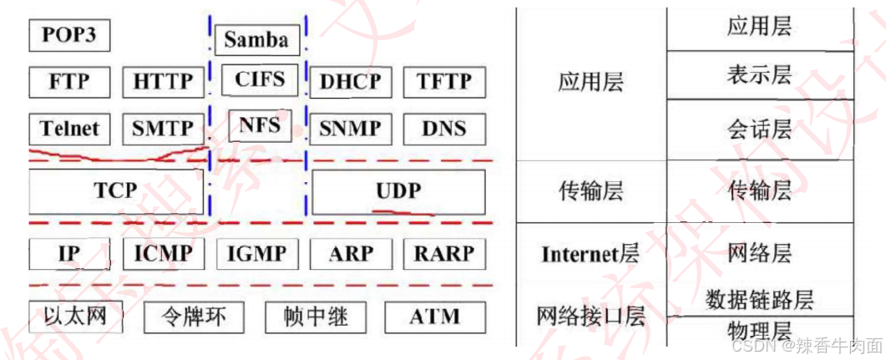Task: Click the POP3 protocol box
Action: [69, 37]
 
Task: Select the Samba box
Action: [256, 39]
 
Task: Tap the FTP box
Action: [69, 82]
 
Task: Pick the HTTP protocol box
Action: [163, 82]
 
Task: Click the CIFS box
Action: [260, 80]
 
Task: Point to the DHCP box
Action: [350, 82]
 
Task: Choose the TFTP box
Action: [444, 82]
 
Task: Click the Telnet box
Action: [69, 129]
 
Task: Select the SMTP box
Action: [163, 129]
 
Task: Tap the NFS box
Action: [260, 125]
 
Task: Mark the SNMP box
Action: [350, 129]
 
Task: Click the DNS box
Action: [444, 129]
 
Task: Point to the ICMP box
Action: [163, 253]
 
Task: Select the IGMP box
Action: [256, 253]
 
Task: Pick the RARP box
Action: [444, 253]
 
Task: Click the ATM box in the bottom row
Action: [434, 317]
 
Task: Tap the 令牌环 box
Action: [195, 317]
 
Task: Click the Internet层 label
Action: [590, 254]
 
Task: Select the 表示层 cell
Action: [759, 75]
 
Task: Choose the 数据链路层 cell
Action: [759, 299]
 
